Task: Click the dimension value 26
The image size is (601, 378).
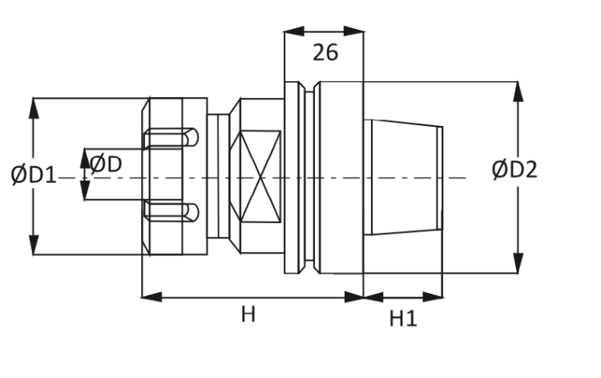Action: pos(325,53)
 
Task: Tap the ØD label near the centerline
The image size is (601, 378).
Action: pos(106,165)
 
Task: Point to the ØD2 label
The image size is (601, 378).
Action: pos(514,169)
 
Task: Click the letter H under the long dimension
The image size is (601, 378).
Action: pos(248,315)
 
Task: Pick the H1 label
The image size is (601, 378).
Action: pos(403,319)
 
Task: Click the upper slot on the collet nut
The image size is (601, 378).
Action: pos(170,139)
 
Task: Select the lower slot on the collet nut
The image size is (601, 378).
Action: pos(170,211)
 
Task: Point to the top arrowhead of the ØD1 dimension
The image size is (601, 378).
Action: pos(33,108)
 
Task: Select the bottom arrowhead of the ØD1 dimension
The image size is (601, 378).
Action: pos(33,246)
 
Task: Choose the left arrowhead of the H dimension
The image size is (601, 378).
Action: pos(151,297)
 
